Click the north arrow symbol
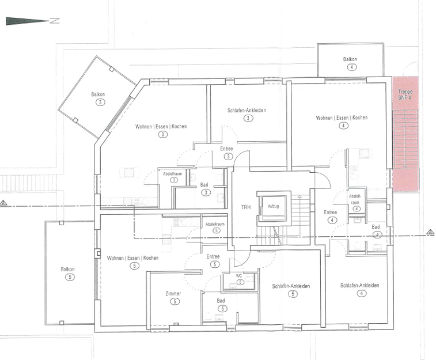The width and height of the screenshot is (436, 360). coord(32,21)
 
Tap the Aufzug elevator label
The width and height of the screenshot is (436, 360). coord(274,206)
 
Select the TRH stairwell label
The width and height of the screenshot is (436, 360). coord(246,207)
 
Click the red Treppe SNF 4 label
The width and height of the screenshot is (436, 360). coord(405,94)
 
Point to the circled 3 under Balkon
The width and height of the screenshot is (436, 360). coord(100,103)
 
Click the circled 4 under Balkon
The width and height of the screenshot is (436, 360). coord(352,67)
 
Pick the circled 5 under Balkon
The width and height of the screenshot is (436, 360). coord(70,277)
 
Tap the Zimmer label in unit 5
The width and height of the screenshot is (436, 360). coord(173,293)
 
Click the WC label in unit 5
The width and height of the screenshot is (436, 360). coord(239,276)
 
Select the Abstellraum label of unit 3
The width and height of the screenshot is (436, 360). coord(172,174)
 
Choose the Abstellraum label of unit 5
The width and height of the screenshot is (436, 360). coord(215,224)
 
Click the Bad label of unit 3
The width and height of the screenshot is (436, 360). coord(204,184)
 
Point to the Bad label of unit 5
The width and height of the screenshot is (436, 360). coord(221,301)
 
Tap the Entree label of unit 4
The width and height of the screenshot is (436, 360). coord(331,213)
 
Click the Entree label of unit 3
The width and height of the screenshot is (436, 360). coord(226,149)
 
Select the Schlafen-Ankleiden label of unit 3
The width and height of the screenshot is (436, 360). coord(247,110)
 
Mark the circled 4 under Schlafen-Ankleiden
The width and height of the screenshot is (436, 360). coord(362,293)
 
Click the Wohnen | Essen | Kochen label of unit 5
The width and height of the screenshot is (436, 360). coord(132,258)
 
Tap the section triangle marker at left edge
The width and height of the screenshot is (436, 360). coord(3,203)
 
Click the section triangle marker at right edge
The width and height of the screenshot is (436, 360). coord(430,232)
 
